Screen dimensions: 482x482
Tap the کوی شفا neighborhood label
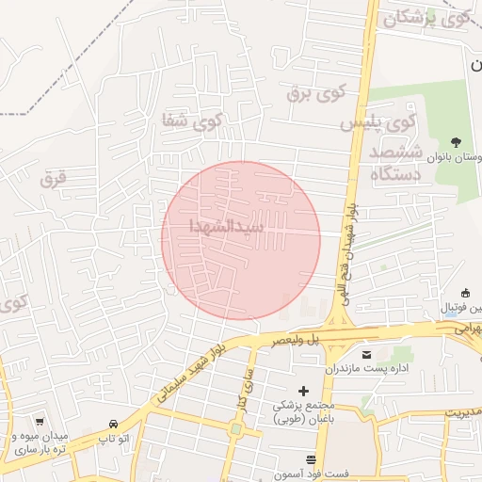click(192, 120)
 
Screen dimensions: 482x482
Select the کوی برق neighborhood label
click(317, 92)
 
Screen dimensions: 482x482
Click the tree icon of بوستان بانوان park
click(457, 142)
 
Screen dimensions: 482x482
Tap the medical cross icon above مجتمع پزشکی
click(303, 390)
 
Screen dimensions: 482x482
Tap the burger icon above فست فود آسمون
click(311, 459)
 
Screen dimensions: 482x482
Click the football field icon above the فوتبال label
click(466, 293)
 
